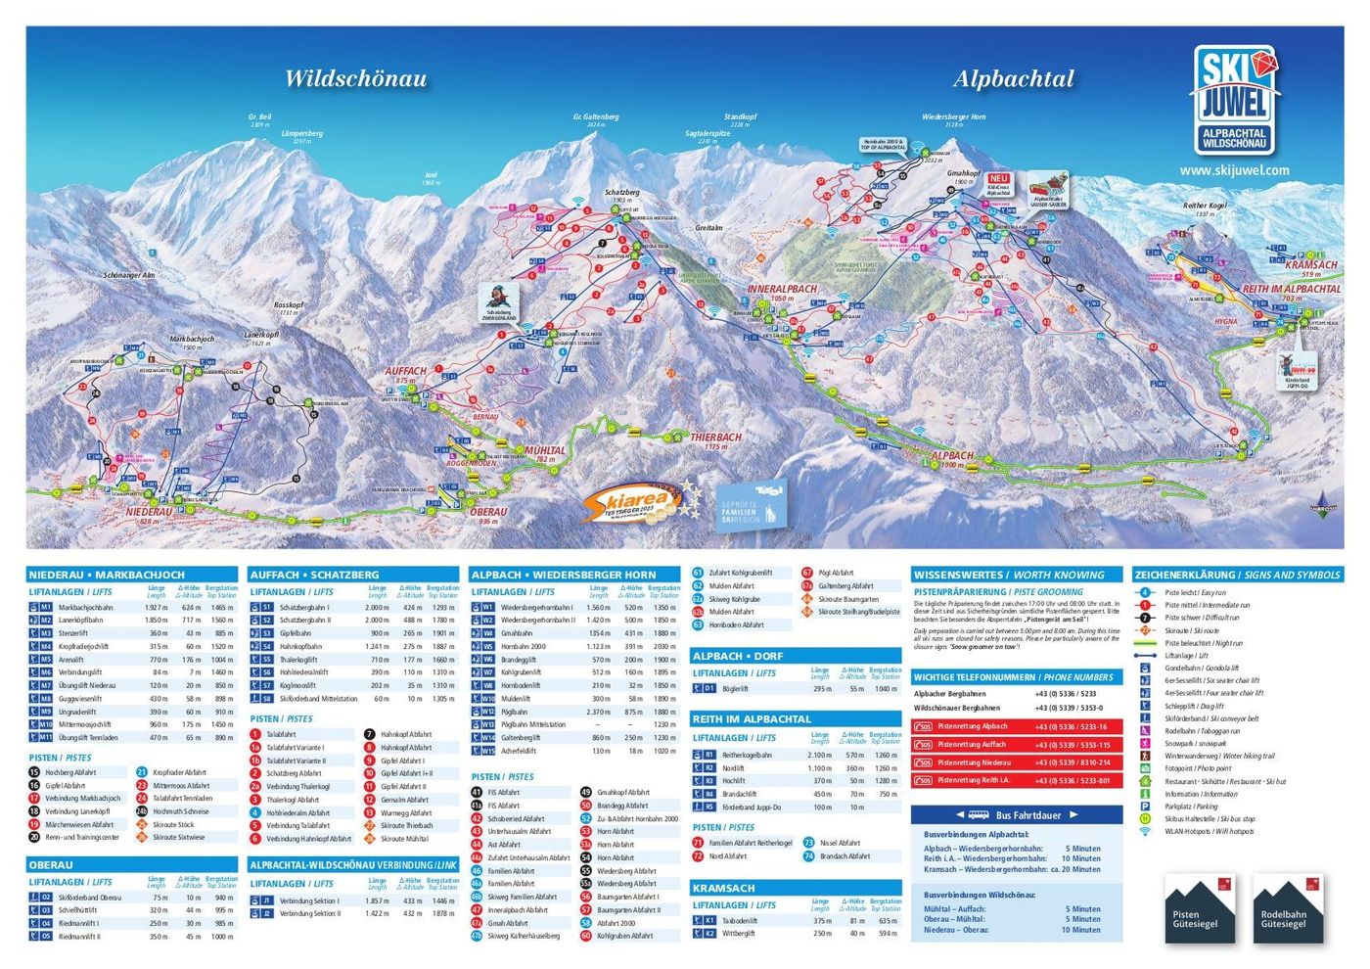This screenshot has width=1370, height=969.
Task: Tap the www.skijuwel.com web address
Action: (x=1234, y=170)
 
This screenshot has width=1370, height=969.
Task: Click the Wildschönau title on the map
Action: (x=355, y=79)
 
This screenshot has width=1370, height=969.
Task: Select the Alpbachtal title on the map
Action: (x=1013, y=79)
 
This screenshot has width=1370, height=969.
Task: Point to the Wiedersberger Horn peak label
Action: (x=953, y=117)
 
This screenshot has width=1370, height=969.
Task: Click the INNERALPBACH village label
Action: (x=782, y=290)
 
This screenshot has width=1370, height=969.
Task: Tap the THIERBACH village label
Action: (x=715, y=438)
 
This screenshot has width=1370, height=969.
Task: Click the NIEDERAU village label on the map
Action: (x=149, y=512)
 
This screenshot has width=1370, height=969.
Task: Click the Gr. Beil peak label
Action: (x=259, y=117)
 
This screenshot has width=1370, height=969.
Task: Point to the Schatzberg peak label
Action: (x=621, y=193)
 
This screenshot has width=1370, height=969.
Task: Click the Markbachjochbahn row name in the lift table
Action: (x=86, y=608)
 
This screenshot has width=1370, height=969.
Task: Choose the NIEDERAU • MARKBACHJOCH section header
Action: (x=107, y=576)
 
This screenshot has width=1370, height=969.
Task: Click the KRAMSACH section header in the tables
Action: (x=724, y=888)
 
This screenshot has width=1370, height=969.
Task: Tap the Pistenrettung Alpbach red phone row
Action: (x=1016, y=727)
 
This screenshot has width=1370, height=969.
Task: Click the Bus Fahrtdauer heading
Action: (x=1017, y=814)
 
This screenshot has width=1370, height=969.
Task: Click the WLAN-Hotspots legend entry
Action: (x=1209, y=832)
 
